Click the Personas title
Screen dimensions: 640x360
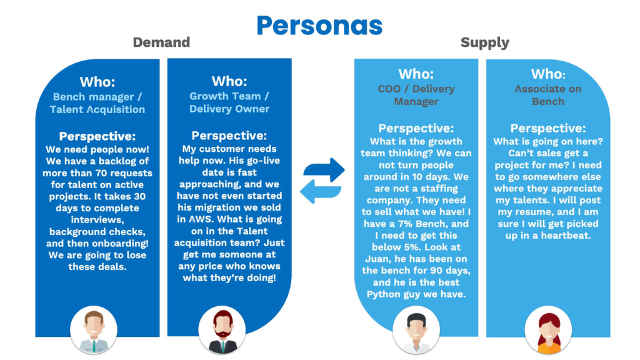pos(319,25)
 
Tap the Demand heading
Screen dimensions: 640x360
pos(162,42)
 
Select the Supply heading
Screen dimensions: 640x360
pos(485,42)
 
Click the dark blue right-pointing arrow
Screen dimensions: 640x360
pos(324,169)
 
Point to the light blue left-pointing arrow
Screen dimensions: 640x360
pos(321,191)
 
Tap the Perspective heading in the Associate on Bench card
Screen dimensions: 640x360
pos(548,128)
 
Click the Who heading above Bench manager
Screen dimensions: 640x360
pos(97,82)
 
